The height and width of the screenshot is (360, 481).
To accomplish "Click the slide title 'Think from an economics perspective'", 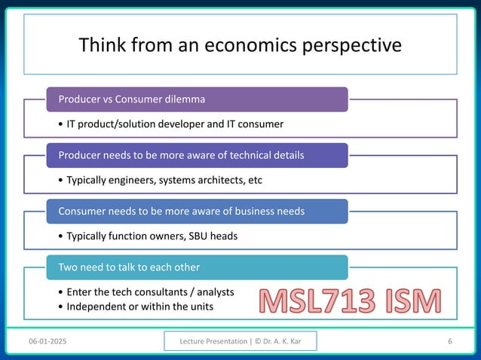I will (240, 45).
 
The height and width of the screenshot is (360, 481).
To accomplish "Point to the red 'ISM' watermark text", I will (409, 303).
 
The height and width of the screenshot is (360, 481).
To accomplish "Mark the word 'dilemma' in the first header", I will (185, 99).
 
